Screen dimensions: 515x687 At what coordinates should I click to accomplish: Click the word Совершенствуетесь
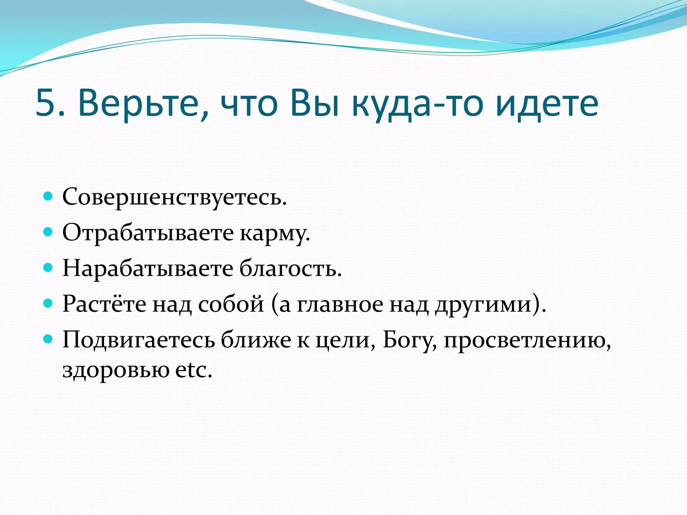(174, 197)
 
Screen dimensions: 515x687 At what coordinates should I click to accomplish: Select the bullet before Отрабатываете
(48, 231)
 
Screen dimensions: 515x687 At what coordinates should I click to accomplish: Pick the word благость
(290, 269)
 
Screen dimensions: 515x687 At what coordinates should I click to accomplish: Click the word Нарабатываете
(148, 269)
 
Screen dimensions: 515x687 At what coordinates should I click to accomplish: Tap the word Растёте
(104, 304)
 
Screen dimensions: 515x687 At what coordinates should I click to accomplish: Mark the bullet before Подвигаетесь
(48, 339)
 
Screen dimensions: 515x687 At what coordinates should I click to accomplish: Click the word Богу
(409, 341)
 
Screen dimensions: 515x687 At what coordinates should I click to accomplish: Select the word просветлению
(527, 341)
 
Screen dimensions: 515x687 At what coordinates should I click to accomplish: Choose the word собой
(231, 304)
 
